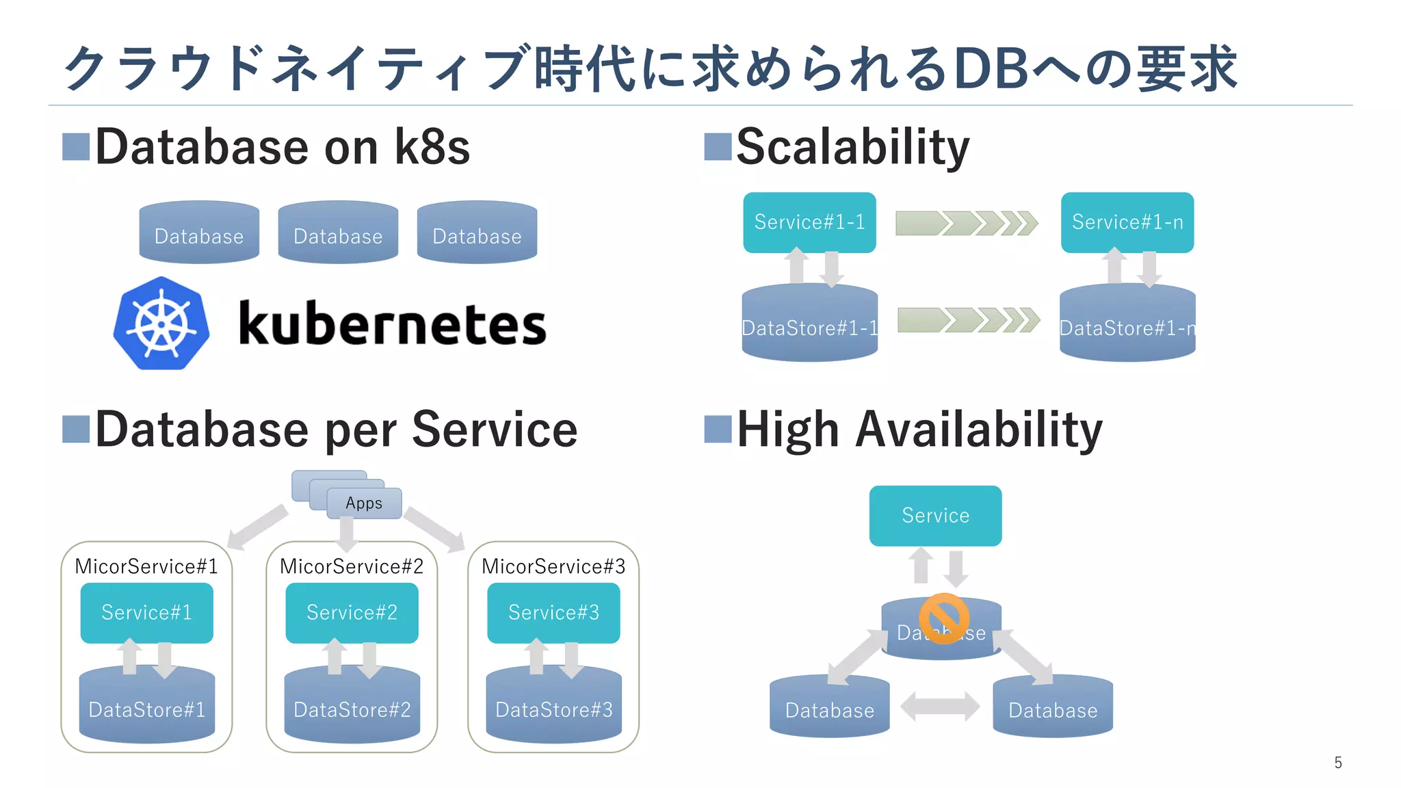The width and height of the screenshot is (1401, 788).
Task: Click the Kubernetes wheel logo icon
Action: pyautogui.click(x=161, y=324)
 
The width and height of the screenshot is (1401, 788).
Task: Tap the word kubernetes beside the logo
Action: pyautogui.click(x=392, y=324)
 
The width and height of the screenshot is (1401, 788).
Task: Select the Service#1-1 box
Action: pyautogui.click(x=809, y=222)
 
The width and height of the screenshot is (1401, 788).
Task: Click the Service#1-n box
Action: pyautogui.click(x=1127, y=222)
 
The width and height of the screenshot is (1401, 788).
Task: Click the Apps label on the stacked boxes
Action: pyautogui.click(x=364, y=503)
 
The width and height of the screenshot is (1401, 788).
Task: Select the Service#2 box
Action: pyautogui.click(x=352, y=612)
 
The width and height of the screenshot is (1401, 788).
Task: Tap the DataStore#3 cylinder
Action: pyautogui.click(x=553, y=709)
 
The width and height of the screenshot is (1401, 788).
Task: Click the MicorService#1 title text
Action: pyautogui.click(x=146, y=566)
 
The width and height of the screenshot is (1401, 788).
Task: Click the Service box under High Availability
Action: pyautogui.click(x=935, y=515)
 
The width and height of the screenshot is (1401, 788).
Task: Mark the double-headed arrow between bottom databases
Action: pyautogui.click(x=940, y=706)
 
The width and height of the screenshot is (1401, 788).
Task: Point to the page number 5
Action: pyautogui.click(x=1338, y=763)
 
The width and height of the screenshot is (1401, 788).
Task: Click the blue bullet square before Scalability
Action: pyautogui.click(x=718, y=146)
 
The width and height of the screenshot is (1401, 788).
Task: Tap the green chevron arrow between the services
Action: pyautogui.click(x=966, y=223)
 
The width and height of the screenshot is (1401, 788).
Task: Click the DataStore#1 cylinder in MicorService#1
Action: pyautogui.click(x=146, y=709)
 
